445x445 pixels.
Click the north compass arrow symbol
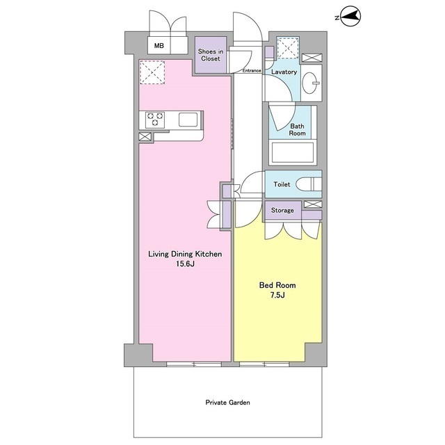350,17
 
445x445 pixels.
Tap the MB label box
159,45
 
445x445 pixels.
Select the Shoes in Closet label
211,55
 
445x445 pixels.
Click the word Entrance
252,71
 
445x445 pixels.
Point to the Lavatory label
284,72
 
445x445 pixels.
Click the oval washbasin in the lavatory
311,83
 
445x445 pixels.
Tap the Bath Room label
297,130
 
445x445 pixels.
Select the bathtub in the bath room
293,152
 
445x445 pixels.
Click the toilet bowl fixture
309,184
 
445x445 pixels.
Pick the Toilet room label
282,184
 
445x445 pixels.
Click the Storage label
282,210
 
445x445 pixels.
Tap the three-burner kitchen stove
155,120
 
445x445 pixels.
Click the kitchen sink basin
188,120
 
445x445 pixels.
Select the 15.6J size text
185,264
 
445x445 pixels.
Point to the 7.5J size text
277,295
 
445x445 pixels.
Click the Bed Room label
277,285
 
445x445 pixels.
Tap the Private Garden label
227,403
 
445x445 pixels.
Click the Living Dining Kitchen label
185,254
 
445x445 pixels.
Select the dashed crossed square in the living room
152,72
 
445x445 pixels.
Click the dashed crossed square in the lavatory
288,48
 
